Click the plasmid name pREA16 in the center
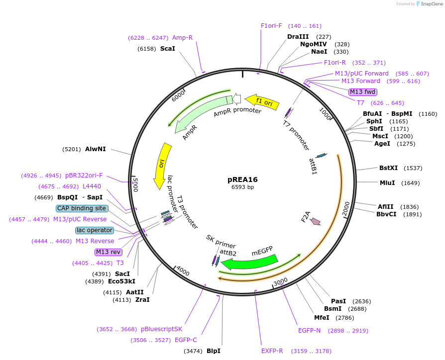pos(242,180)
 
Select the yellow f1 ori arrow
pos(262,102)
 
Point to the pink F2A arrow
pos(316,221)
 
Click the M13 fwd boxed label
pos(363,92)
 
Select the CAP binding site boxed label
pos(82,208)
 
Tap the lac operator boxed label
pos(95,230)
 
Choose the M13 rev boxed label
pos(108,252)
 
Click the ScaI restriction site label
pos(168,48)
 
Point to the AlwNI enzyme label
pos(96,149)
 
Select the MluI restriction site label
pos(387,183)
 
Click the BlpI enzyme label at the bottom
pos(214,351)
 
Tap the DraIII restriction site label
pos(298,37)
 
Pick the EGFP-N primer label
pos(309,331)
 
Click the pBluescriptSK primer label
pos(161,329)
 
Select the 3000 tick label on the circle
pos(281,282)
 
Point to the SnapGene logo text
pos(432,4)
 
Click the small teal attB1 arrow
pos(321,155)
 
